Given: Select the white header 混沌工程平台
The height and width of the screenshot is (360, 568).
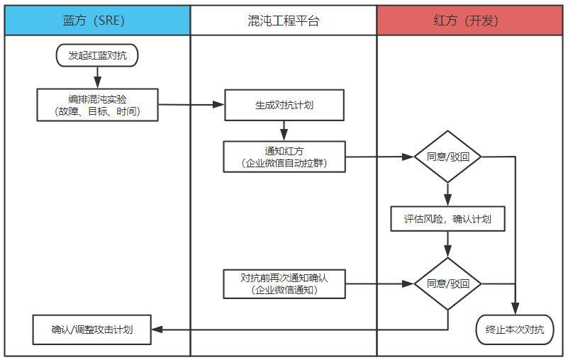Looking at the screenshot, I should pos(284,21).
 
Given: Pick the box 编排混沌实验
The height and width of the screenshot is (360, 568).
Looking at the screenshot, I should pos(97,105).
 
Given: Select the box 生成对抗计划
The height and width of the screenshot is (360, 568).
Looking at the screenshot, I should pos(284,105).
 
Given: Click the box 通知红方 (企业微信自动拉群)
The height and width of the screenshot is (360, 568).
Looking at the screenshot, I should pos(284,157).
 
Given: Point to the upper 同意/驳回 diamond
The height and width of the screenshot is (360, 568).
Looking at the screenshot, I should pos(447,157).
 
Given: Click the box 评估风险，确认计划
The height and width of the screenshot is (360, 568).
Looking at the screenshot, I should pos(447,219).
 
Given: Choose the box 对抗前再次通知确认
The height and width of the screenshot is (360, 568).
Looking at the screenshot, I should pos(284,283).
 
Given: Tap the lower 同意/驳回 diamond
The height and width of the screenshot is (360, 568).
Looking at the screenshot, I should pos(447,283).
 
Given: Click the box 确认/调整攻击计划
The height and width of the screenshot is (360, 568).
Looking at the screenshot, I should pos(92,330).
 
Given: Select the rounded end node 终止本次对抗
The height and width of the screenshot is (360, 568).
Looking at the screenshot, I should pos(515,330).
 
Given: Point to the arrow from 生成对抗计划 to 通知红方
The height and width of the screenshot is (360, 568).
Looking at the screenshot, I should pos(284,130).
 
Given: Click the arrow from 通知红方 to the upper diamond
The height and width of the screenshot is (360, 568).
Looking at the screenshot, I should pos(379,157).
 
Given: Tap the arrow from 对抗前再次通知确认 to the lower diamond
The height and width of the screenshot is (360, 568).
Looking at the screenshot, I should pos(379,283).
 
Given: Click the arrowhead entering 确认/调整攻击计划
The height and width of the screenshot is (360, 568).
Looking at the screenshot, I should pos(157,330).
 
